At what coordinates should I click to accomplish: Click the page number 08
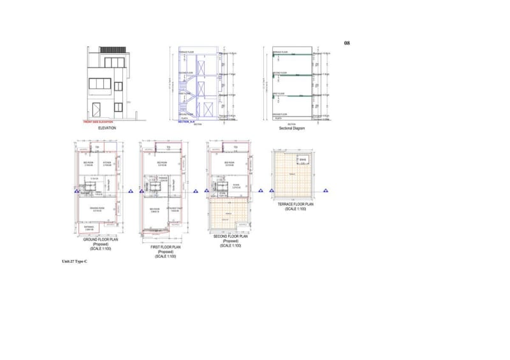[347, 43]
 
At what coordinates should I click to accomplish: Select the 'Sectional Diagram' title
[291, 129]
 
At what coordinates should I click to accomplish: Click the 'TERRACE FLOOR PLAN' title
[295, 205]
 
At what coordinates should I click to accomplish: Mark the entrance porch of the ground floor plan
[89, 227]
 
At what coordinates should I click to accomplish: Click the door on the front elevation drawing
[96, 109]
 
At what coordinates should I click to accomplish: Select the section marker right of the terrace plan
[326, 191]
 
